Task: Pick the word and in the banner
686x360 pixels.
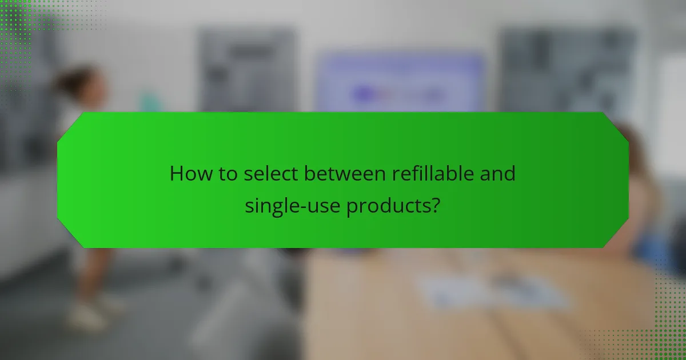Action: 497,173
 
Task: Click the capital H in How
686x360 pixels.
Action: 177,173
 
